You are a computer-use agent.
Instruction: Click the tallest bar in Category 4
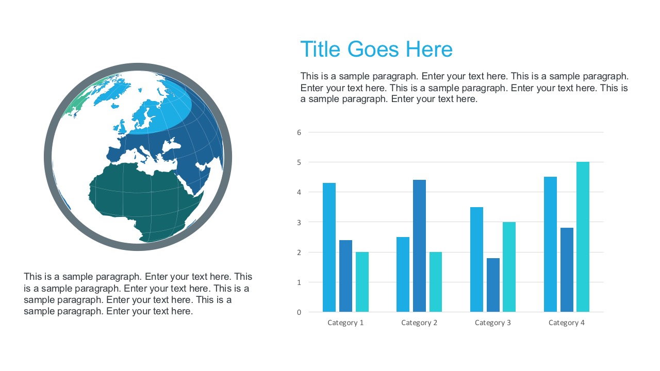pos(583,237)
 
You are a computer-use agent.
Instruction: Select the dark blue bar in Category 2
pos(419,246)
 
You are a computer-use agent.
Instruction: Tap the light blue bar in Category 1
pos(329,247)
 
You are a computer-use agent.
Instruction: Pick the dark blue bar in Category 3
pos(493,285)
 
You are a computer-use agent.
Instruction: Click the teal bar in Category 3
pos(509,267)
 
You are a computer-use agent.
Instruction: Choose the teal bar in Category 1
pos(362,282)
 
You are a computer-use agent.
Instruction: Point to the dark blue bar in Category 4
pos(567,269)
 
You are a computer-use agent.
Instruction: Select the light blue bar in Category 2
pos(403,274)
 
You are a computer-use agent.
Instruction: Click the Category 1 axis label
pos(345,323)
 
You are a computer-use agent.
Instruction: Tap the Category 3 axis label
pos(493,323)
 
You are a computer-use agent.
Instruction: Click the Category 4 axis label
pos(567,323)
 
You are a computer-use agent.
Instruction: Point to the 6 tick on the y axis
pos(299,132)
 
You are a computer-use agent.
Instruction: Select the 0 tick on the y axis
pos(299,312)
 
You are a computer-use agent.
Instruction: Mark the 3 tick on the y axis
pos(299,222)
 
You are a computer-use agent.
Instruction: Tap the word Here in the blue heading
pos(429,49)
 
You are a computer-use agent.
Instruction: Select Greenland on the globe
pos(111,90)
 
